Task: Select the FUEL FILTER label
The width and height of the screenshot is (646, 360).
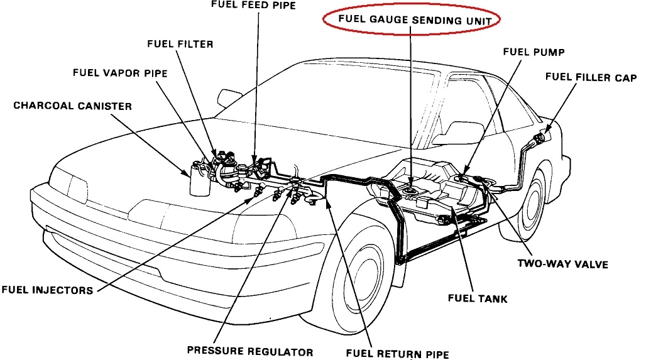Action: coord(180,45)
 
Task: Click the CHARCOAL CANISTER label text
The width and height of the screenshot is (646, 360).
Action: coord(73,106)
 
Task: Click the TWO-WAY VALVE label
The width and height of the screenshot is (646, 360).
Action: coord(563,264)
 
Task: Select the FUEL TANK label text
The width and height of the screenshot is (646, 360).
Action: coord(478,299)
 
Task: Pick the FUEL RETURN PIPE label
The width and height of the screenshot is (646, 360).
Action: coord(398,354)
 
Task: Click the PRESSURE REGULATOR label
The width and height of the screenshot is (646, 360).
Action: coord(249,351)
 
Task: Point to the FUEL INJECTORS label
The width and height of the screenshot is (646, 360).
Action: coord(47,290)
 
